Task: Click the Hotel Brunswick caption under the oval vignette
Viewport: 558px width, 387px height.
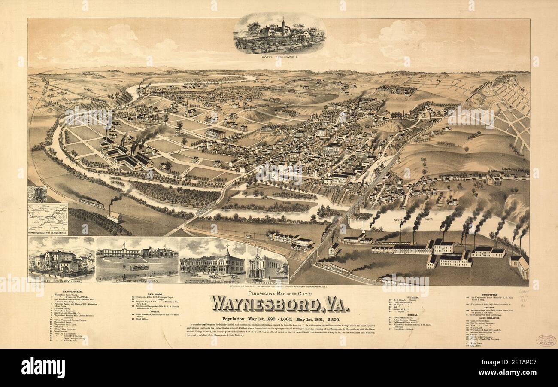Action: (x=279, y=57)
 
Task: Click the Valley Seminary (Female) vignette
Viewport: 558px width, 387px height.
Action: (x=61, y=260)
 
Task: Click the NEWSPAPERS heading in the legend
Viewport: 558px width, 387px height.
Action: (x=490, y=294)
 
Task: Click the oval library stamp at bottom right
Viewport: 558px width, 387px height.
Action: (x=546, y=340)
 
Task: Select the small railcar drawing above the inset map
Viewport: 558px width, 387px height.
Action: (x=37, y=194)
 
